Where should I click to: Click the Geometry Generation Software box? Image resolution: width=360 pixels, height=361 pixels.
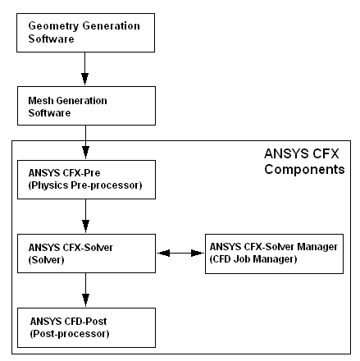coord(85,33)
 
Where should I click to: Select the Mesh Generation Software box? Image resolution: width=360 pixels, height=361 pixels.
coord(86,106)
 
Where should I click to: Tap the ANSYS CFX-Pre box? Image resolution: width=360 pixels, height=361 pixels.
coord(86,180)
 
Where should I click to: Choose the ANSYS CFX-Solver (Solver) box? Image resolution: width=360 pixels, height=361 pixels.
coord(86,254)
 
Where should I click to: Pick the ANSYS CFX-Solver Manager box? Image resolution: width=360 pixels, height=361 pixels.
coord(274,254)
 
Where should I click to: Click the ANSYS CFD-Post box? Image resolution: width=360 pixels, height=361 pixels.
coord(86,327)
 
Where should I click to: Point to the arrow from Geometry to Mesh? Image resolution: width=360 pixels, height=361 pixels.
coord(85,69)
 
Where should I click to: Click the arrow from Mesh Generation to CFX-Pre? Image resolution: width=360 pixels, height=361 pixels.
coord(85,142)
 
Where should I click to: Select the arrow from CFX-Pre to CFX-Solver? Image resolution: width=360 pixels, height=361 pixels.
coord(85,216)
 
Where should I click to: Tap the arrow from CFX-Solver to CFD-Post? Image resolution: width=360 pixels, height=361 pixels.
coord(85,290)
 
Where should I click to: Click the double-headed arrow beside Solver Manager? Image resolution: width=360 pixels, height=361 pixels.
coord(180,254)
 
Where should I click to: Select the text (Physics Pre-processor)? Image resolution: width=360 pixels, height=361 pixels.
coord(85,185)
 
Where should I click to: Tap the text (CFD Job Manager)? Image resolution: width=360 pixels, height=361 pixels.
coord(253,259)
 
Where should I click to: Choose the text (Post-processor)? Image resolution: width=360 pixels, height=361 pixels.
coord(70,334)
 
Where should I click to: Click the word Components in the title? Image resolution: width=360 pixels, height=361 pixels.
coord(304,170)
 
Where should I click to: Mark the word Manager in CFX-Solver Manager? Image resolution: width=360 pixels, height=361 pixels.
coord(317,247)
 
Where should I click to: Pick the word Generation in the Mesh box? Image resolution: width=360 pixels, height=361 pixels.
coord(81,101)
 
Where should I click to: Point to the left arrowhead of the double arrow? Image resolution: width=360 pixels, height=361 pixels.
coord(163,254)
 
